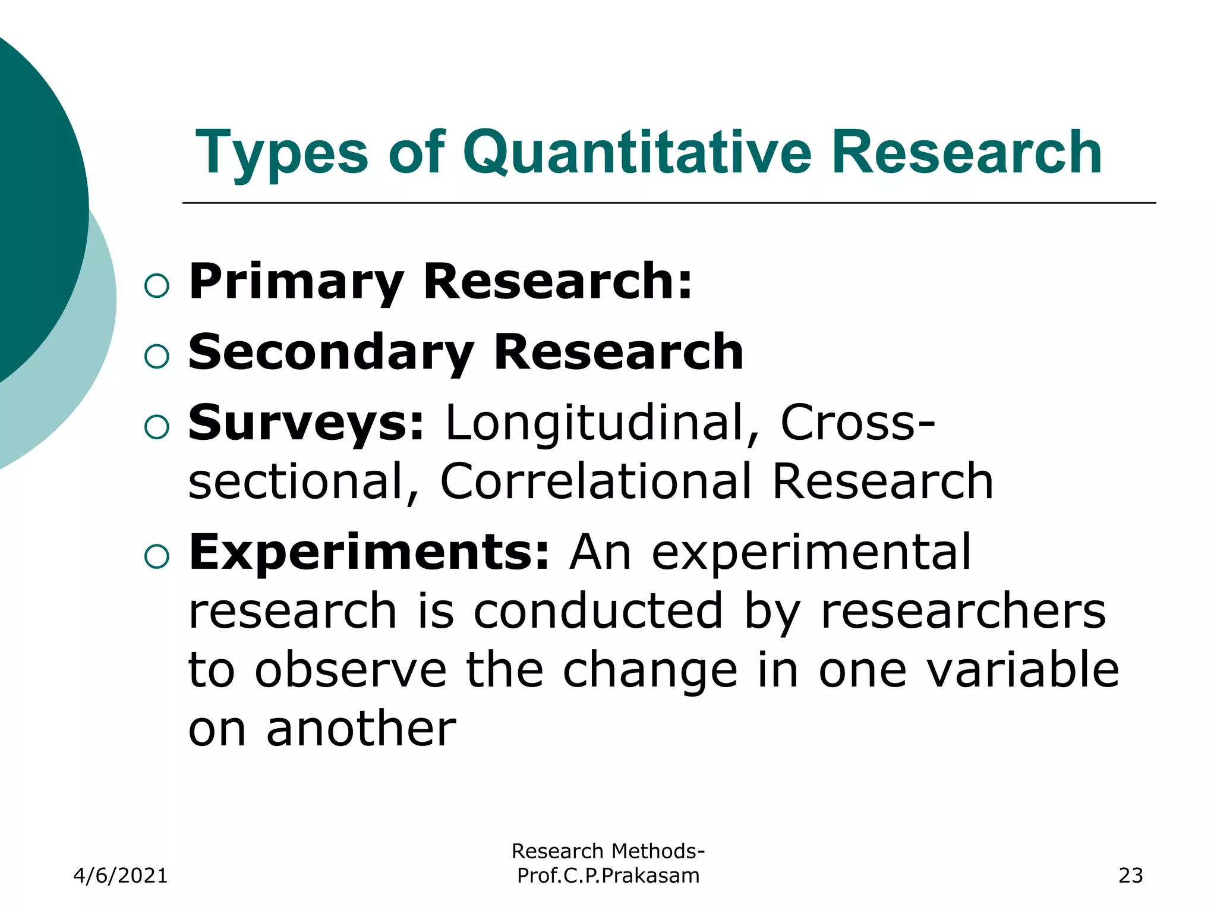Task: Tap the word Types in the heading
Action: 282,153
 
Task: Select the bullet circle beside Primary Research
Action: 157,286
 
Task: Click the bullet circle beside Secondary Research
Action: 157,357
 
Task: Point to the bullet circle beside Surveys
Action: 157,427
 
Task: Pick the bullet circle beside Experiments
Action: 157,557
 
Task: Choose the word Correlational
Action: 596,481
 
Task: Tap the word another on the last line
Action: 361,729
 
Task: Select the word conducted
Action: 598,611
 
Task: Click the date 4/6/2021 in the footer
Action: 121,876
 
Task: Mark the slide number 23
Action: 1130,876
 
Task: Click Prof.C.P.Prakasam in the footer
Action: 608,876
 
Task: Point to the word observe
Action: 351,670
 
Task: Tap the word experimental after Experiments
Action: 812,552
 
